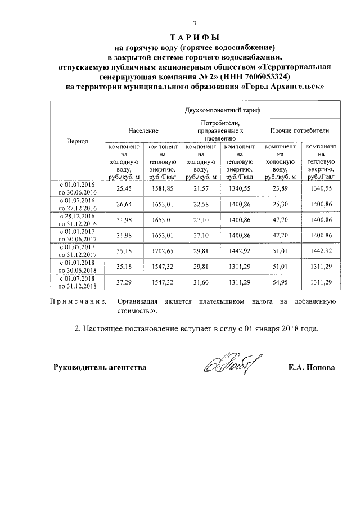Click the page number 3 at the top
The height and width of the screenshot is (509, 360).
click(194, 24)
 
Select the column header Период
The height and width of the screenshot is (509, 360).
click(77, 141)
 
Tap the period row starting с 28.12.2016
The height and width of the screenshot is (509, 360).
click(77, 219)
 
